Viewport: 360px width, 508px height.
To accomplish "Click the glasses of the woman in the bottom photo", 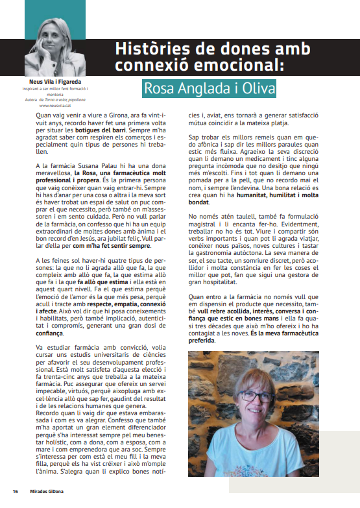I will [x=259, y=396].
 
